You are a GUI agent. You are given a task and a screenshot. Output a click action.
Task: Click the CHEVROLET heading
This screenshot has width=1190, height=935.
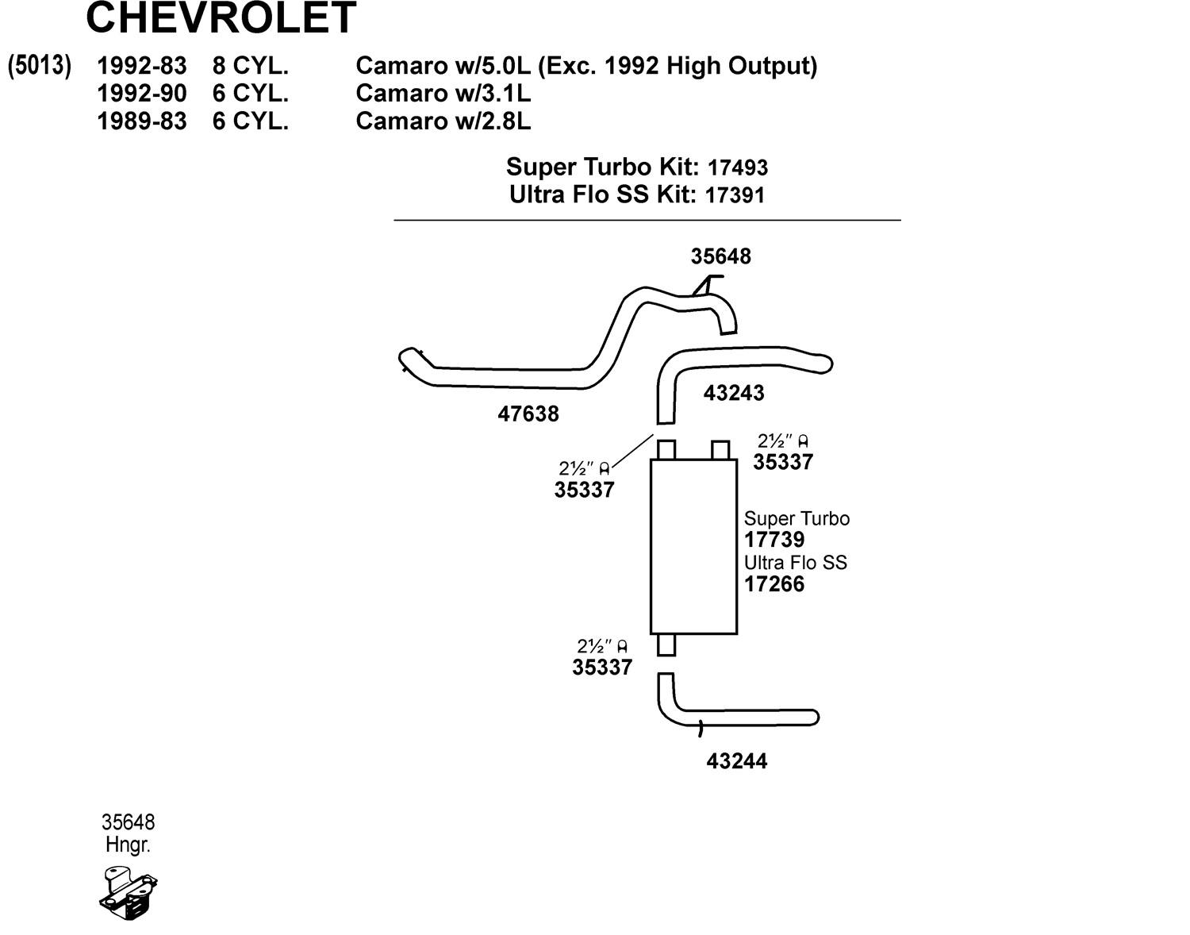pos(221,17)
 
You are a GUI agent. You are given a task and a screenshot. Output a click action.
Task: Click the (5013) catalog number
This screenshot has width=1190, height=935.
pos(40,65)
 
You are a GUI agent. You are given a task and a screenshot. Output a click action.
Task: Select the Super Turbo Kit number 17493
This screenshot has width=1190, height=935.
pos(737,168)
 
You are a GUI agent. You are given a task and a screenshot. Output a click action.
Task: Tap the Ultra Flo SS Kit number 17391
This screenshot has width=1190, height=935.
pos(735,195)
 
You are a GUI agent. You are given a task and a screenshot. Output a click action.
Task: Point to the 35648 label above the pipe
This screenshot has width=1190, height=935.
pos(720,256)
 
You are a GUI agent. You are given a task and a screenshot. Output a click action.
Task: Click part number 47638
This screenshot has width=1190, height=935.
pos(528,414)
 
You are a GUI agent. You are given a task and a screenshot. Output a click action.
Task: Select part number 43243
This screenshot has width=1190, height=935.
pos(734,393)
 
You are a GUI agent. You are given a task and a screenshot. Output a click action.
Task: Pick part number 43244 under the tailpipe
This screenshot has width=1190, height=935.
pos(737,761)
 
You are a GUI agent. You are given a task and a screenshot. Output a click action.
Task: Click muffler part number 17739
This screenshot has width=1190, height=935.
pos(774,540)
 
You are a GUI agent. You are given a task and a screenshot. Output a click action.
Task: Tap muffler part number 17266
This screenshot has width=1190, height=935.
pos(774,584)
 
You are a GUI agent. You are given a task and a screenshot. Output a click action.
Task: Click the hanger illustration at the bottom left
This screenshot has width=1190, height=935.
pos(129,892)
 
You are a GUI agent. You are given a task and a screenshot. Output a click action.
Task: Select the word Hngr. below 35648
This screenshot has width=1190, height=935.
pos(128,845)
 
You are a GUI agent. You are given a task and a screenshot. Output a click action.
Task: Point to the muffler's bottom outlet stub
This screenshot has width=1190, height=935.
pos(666,644)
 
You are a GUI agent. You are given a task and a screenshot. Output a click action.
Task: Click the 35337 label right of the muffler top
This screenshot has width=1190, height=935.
pos(783,462)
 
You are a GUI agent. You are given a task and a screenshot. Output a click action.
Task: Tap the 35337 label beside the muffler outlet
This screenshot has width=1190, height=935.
pos(602,667)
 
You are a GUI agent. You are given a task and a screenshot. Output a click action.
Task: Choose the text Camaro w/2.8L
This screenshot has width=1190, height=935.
pos(443,121)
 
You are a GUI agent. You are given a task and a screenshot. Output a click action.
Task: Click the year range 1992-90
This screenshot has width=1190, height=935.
pos(141,94)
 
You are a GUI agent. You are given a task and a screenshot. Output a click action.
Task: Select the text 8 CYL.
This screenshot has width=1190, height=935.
pos(250,65)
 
